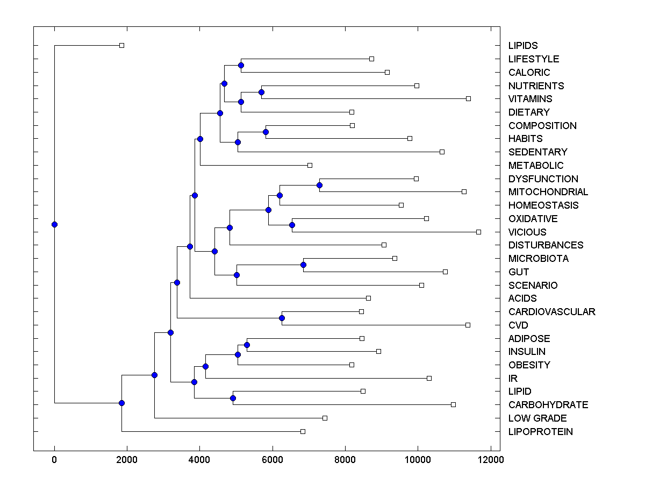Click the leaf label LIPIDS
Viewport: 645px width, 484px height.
(523, 46)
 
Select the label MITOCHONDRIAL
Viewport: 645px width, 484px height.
(548, 192)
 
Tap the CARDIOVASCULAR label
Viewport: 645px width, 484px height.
(551, 312)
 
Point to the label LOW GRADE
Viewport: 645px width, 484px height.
(537, 418)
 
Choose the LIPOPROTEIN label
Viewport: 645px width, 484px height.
(540, 432)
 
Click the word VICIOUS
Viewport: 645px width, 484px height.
(527, 232)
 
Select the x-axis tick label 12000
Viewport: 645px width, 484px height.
(490, 460)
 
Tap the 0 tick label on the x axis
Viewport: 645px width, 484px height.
(54, 460)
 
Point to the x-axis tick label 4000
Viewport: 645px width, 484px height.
(199, 460)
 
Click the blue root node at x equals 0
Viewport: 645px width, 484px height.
(54, 224)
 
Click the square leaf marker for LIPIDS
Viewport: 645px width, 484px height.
(121, 46)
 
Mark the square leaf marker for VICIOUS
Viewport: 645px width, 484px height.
(478, 232)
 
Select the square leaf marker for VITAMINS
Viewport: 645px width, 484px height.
(468, 98)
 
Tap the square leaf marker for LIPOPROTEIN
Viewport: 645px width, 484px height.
(303, 431)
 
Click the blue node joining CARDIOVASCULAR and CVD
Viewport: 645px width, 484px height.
(282, 318)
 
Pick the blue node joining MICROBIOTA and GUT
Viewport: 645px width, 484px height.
(303, 265)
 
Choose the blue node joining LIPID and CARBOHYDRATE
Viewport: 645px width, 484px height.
(233, 398)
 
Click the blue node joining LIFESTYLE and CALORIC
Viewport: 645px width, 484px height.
(241, 65)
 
